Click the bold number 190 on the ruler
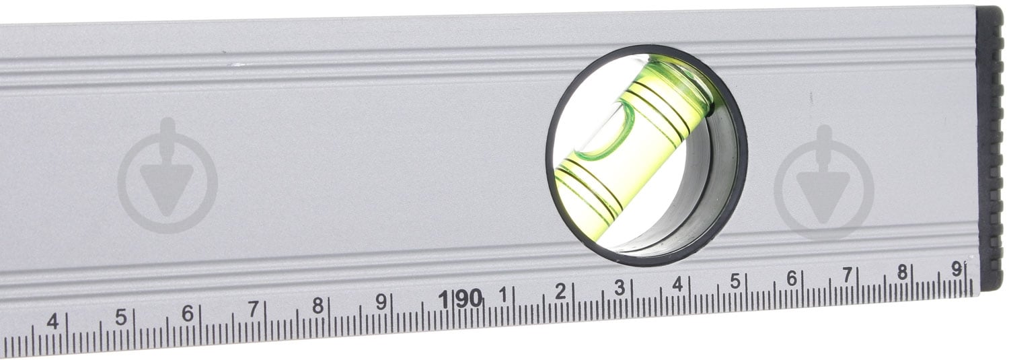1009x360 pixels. click(461, 299)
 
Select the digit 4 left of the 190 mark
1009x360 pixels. click(53, 322)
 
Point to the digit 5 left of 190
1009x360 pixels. click(120, 317)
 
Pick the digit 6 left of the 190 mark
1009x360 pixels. click(188, 313)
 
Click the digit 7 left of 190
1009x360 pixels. click(254, 309)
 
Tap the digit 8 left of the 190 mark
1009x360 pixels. click(318, 305)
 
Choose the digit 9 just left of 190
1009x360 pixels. click(381, 301)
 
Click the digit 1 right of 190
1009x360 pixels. click(503, 295)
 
